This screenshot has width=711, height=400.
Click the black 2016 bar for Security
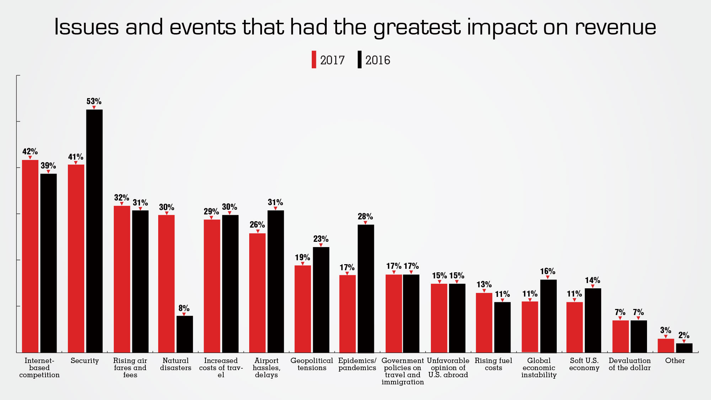click(x=94, y=231)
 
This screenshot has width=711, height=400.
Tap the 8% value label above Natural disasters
click(x=184, y=308)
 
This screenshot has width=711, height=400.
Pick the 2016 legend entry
click(x=374, y=60)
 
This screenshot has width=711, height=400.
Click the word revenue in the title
click(x=615, y=27)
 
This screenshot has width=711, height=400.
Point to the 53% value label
click(x=94, y=101)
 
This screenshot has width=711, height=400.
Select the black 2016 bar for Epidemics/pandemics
click(x=366, y=288)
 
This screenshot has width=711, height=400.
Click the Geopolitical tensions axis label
click(x=312, y=364)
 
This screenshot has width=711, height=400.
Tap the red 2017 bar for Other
click(x=665, y=346)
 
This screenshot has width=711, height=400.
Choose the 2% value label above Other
click(x=684, y=335)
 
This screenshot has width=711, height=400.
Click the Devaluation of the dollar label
click(x=630, y=364)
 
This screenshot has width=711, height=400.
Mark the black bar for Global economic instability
click(x=548, y=316)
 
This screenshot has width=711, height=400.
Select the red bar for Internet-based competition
click(x=30, y=256)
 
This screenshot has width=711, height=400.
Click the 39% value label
click(x=48, y=166)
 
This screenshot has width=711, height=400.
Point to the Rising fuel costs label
click(x=493, y=364)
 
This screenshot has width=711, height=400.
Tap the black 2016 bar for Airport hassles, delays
click(x=276, y=281)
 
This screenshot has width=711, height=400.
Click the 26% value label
click(x=257, y=225)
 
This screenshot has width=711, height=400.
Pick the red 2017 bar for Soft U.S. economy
click(x=574, y=327)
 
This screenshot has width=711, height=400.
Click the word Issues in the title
click(x=86, y=27)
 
